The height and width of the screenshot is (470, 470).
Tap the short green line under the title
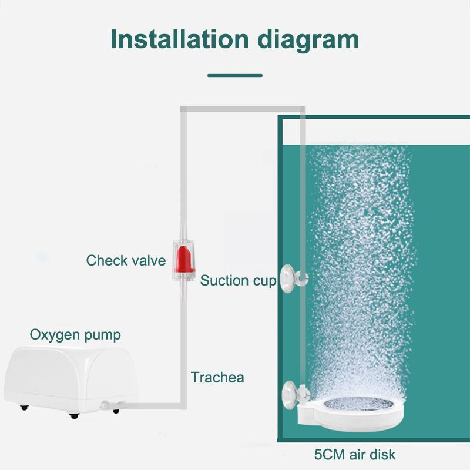235,75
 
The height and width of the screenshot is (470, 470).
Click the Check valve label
126,260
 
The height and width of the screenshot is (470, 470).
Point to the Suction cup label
238,280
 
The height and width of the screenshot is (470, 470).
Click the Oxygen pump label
75,335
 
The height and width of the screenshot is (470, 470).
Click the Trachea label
217,377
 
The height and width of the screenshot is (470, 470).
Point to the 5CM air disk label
355,454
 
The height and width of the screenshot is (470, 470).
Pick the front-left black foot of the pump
23,407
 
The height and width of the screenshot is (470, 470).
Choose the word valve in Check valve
148,260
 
